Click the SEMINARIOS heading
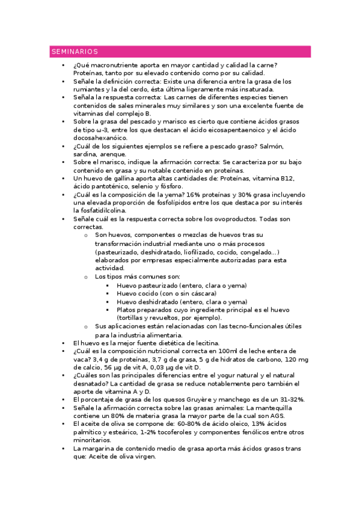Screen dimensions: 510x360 75,52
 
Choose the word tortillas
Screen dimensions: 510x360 132,318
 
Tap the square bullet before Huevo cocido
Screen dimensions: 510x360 108,294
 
